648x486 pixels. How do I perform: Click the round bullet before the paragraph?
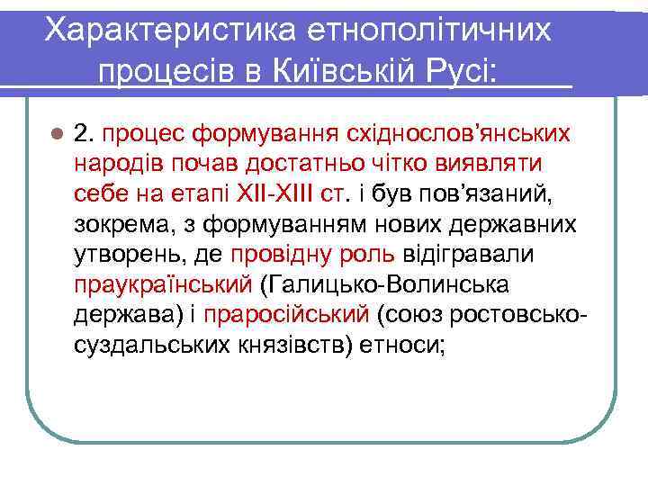pyautogui.click(x=57, y=135)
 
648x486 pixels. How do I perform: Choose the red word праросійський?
pyautogui.click(x=287, y=315)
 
